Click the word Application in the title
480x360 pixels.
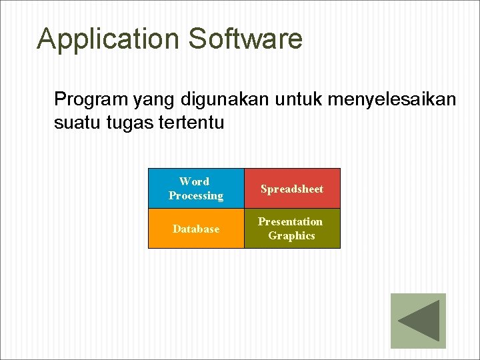(109, 39)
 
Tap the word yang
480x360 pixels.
(153, 101)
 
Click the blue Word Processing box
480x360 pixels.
(196, 188)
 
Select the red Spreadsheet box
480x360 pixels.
(292, 189)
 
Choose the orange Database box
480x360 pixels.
(196, 229)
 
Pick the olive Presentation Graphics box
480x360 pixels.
(292, 229)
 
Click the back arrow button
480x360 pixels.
(418, 321)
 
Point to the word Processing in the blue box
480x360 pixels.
(196, 196)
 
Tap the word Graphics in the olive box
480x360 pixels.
(291, 236)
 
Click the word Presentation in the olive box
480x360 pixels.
(291, 221)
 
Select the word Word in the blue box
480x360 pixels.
(194, 181)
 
